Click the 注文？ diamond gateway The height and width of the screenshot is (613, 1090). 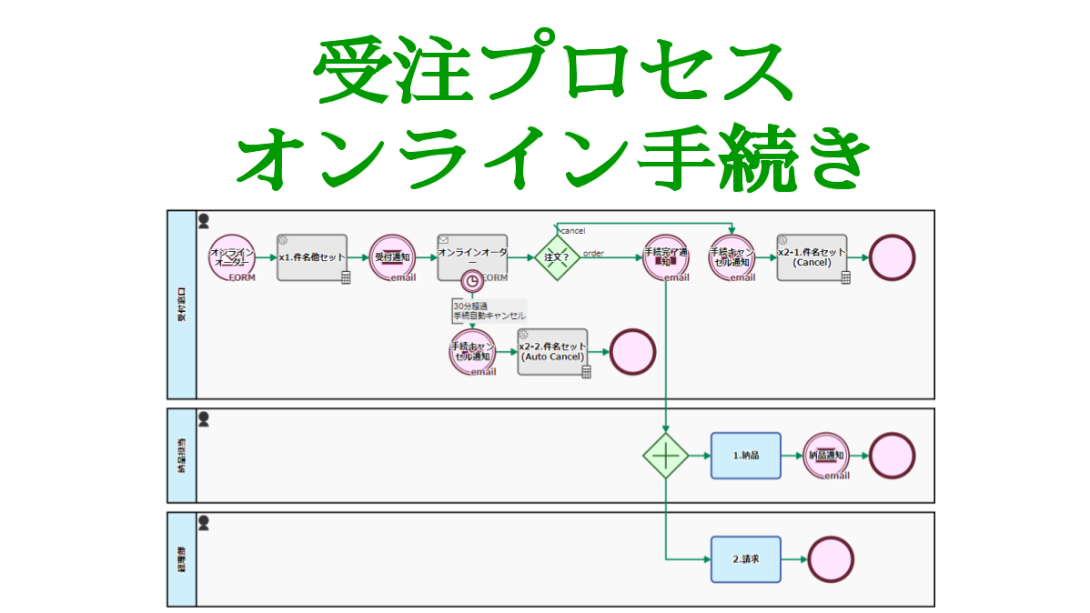click(556, 258)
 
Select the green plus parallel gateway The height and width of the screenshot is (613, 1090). click(666, 454)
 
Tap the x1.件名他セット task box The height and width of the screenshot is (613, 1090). click(313, 258)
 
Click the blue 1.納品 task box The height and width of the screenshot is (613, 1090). click(745, 455)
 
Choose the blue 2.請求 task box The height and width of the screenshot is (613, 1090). click(745, 559)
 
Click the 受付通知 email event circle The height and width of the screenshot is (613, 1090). click(393, 258)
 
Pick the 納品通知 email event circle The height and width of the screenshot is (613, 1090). click(825, 455)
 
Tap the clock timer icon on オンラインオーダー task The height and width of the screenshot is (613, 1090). click(471, 281)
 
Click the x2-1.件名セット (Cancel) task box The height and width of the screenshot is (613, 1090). click(812, 258)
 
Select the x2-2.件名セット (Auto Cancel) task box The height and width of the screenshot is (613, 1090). click(552, 352)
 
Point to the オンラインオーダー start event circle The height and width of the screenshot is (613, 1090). click(231, 258)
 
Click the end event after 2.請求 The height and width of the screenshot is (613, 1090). click(831, 559)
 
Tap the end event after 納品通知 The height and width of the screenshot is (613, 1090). click(892, 455)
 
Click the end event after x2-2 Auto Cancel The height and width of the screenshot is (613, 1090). click(632, 352)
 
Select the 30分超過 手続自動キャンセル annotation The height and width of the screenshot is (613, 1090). click(489, 311)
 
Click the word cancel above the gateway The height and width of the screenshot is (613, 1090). click(572, 231)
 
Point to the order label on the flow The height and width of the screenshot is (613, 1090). click(593, 253)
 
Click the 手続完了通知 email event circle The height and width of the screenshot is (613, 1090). click(666, 258)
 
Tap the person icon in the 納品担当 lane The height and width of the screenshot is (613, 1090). click(204, 418)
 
